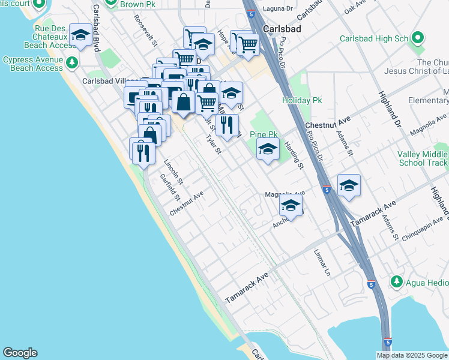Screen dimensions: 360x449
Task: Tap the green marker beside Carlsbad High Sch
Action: [418, 38]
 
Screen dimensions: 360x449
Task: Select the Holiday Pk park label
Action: [303, 100]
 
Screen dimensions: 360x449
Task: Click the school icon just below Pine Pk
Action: [268, 150]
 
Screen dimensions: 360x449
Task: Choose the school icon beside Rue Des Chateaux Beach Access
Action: [81, 35]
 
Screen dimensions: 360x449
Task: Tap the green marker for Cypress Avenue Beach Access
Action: [72, 62]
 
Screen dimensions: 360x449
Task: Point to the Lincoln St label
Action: [173, 172]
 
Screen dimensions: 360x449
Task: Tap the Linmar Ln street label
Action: [322, 263]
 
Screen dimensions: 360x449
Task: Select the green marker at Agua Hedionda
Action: [396, 281]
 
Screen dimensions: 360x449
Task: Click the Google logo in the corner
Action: [20, 353]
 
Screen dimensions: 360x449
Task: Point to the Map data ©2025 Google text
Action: [411, 355]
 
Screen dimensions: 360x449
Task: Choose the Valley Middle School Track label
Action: [423, 158]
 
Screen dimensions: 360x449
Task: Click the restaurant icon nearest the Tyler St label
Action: [226, 125]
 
